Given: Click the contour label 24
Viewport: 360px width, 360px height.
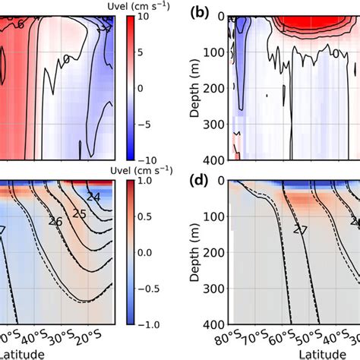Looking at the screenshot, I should [x=93, y=197].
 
